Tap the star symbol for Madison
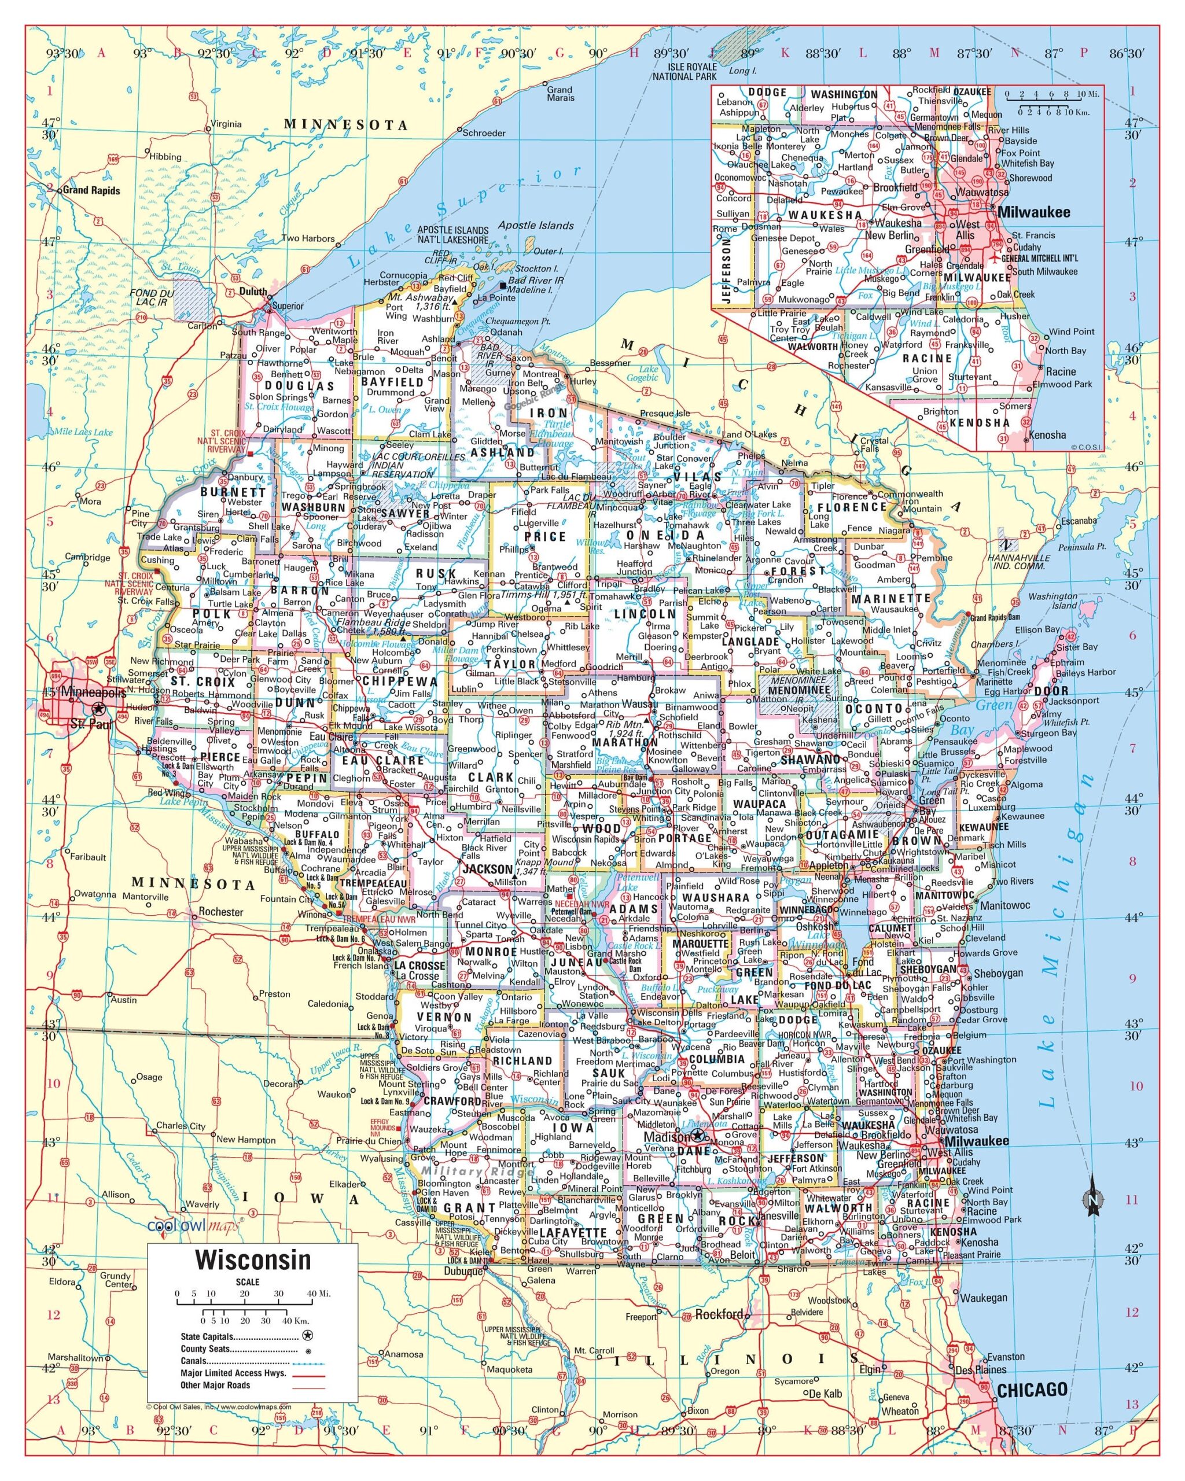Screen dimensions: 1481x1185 [x=698, y=1135]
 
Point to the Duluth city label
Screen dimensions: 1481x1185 [x=253, y=291]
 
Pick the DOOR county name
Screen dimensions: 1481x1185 [x=1051, y=691]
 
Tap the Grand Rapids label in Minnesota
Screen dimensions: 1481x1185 [x=91, y=190]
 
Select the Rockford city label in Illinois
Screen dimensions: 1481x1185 [x=719, y=1314]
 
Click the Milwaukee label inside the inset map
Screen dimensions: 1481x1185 [x=1033, y=212]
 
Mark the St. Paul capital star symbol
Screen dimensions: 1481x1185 [x=100, y=708]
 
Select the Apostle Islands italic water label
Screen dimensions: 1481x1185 [x=535, y=225]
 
